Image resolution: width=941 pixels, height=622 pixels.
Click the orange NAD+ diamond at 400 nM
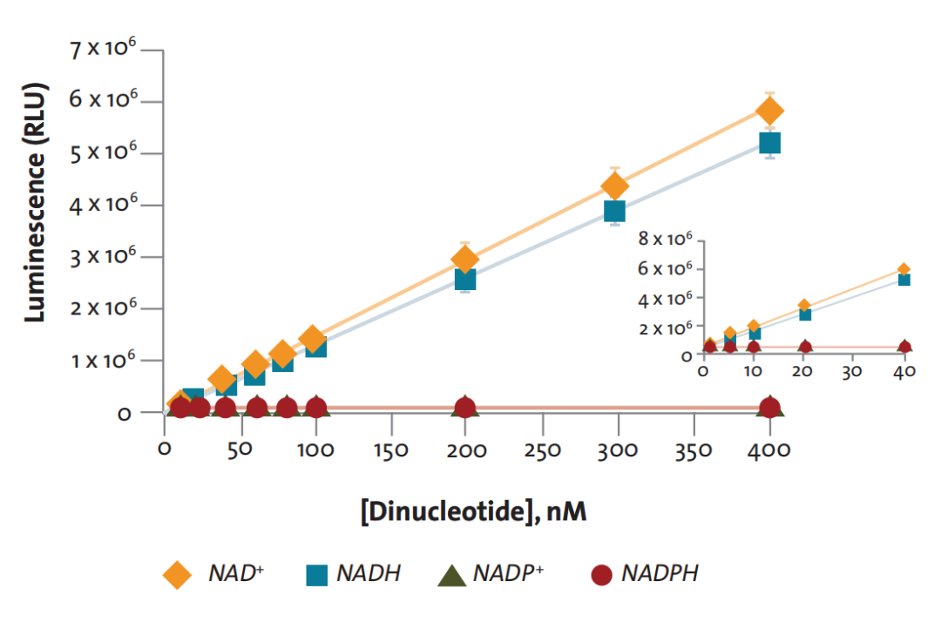770,111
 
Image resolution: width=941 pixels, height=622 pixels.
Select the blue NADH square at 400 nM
770,144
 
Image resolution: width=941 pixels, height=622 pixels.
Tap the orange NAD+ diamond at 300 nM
614,186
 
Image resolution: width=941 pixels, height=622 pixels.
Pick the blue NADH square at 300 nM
614,211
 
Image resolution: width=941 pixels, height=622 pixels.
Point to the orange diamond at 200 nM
464,260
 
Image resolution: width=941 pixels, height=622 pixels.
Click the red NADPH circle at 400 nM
770,408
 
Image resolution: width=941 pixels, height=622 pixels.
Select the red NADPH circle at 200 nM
465,408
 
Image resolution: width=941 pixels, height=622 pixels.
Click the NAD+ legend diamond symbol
177,575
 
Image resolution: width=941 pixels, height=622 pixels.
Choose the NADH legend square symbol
317,575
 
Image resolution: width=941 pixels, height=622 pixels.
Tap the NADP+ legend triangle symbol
452,576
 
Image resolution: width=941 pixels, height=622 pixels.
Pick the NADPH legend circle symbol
601,575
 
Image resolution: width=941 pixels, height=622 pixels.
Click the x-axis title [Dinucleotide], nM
473,511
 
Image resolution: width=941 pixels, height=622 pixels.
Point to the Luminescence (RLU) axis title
35,202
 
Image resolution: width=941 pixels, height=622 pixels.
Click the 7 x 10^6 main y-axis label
103,48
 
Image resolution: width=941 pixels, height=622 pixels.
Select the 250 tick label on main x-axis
543,450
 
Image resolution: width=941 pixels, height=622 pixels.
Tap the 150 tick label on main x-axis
390,450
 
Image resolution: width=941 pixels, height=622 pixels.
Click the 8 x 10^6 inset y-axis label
665,239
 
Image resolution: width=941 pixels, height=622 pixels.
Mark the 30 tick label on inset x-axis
851,372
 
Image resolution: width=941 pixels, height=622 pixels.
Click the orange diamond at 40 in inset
904,269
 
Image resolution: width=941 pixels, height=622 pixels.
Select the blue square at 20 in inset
805,314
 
